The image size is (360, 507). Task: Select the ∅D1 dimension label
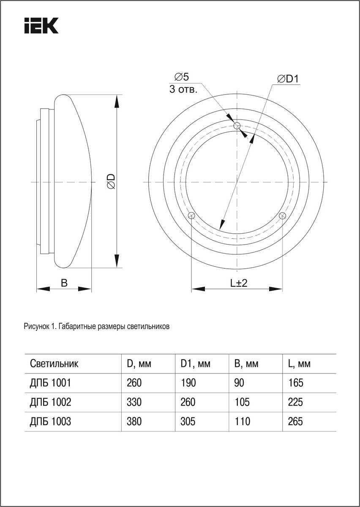click(288, 79)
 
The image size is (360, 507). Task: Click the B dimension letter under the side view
click(64, 283)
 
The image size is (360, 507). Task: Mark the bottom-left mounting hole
click(191, 215)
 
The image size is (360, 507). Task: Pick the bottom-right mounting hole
click(282, 215)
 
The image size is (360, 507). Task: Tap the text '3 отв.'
click(183, 89)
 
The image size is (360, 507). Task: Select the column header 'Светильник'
click(54, 364)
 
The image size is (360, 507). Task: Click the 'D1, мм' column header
click(196, 364)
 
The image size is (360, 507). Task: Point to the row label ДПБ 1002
click(50, 402)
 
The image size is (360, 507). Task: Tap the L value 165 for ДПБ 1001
click(296, 383)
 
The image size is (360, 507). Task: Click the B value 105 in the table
click(242, 402)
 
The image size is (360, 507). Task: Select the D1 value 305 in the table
click(188, 422)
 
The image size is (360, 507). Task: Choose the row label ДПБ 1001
click(50, 383)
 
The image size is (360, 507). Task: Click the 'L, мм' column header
click(299, 364)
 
